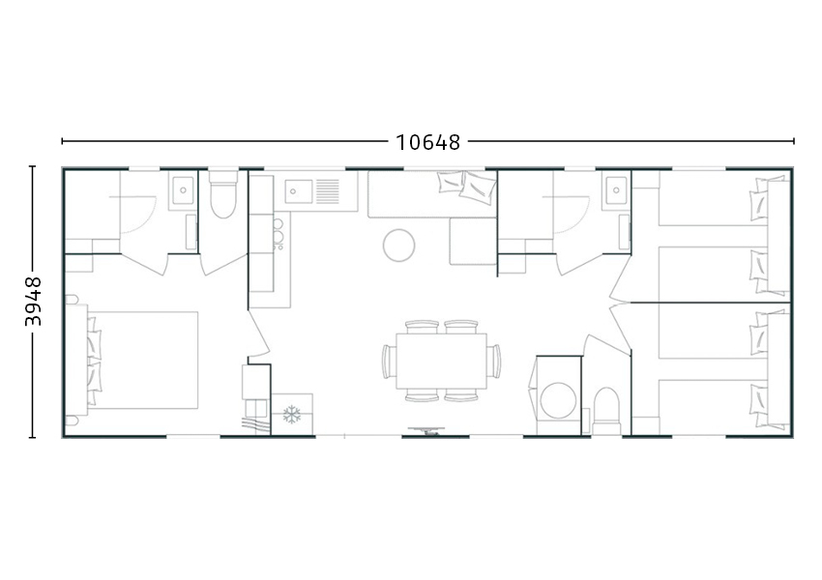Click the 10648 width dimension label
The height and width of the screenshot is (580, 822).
427,142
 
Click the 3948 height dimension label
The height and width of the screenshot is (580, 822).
33,302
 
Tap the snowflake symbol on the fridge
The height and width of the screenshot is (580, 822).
291,415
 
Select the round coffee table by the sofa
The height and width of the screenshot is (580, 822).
399,246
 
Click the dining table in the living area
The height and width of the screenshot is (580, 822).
441,361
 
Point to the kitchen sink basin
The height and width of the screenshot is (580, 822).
298,191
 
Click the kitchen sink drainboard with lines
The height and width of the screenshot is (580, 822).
328,191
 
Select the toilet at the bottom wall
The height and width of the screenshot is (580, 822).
606,411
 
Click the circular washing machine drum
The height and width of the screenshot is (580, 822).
559,401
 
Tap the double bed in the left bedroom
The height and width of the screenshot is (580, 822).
136,361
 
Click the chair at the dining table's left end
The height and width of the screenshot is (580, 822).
389,361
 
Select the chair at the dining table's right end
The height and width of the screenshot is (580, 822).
493,361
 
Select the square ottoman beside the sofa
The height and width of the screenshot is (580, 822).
473,242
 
